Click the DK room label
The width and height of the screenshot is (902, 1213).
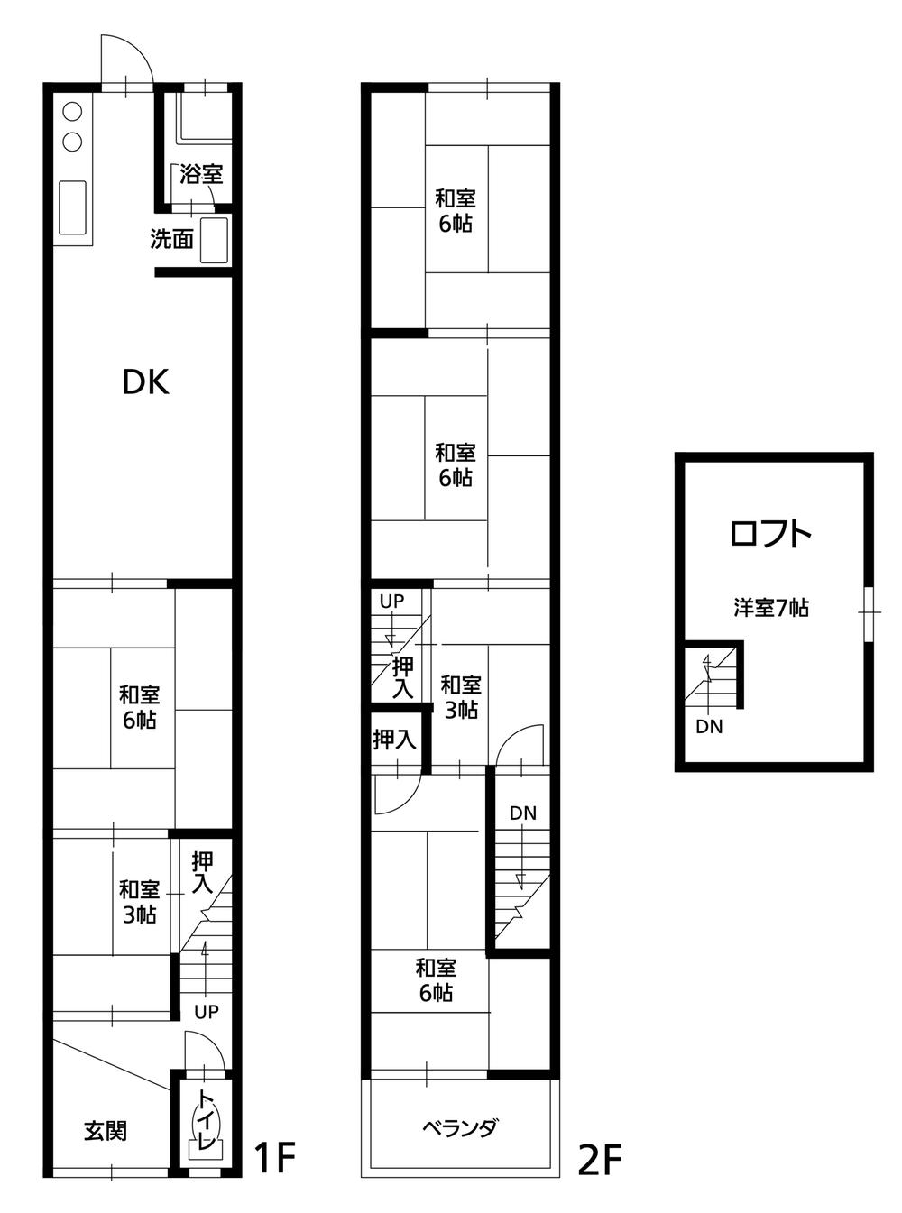tap(145, 382)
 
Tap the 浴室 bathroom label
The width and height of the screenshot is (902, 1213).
tap(200, 174)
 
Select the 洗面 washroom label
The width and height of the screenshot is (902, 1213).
tap(171, 240)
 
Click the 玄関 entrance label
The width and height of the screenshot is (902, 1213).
tap(106, 1130)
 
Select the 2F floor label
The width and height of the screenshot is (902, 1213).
tap(600, 1160)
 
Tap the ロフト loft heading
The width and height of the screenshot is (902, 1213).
tap(770, 535)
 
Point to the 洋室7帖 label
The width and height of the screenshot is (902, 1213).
tap(770, 608)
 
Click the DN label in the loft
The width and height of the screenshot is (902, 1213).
tap(709, 727)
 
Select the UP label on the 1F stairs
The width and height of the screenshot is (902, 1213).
tap(207, 1012)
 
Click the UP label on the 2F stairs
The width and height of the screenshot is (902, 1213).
tap(391, 601)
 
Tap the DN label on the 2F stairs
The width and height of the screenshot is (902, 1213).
tap(522, 813)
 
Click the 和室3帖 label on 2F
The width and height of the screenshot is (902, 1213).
tap(460, 697)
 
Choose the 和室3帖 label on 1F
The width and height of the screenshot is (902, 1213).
tap(140, 901)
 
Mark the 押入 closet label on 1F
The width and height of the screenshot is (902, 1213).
tap(202, 874)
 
